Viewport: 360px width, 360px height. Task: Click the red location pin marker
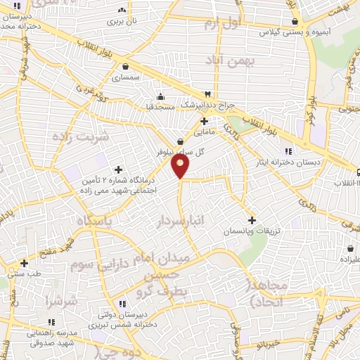coord(181,166)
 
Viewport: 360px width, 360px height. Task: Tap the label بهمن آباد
coord(229,65)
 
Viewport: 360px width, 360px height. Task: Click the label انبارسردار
coord(181,221)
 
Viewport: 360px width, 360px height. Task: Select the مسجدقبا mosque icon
coord(161,96)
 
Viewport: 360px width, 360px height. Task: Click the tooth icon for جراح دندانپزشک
coord(207,94)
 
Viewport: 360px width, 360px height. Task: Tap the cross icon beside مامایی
coord(204,121)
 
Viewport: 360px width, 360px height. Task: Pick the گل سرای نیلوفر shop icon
coord(181,141)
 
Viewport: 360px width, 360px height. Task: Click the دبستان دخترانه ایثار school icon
coord(288,151)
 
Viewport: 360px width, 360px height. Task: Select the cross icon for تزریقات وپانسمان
coord(252,220)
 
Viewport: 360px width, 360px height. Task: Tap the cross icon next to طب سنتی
coord(25,263)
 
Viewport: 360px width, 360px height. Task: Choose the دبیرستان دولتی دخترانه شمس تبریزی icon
coord(123,304)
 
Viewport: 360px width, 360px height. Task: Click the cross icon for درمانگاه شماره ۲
coord(118,169)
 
